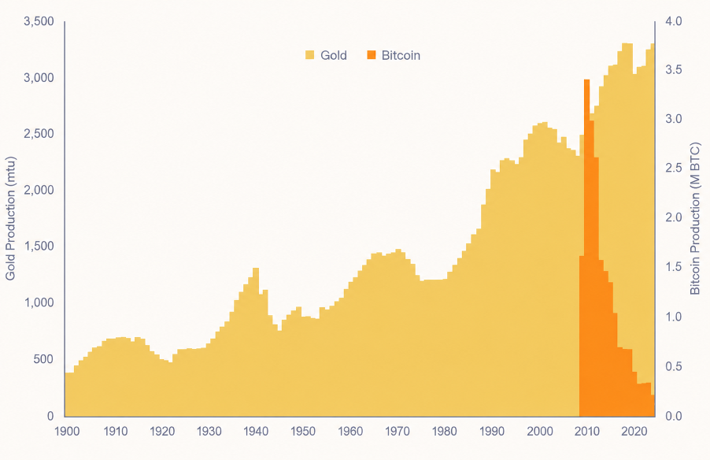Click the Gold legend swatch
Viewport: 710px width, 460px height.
point(309,55)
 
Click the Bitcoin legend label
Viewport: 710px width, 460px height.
point(401,55)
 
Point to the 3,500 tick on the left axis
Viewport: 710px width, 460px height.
point(39,21)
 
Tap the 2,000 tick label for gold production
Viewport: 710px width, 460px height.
point(39,190)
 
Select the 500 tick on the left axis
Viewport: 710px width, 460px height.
point(43,359)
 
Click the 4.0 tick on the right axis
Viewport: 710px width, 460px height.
point(674,21)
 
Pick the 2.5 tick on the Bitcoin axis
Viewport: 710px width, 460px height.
point(674,168)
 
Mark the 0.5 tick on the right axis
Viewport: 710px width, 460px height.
point(674,366)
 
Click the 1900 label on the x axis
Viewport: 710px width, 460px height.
point(67,431)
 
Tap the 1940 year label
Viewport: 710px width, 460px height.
point(256,431)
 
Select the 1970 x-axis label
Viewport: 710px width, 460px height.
point(397,431)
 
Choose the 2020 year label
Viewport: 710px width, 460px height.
point(634,431)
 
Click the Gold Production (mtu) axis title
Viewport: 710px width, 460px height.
point(10,218)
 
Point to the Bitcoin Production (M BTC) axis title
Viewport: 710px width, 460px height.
point(695,218)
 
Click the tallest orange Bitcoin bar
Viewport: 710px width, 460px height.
point(587,248)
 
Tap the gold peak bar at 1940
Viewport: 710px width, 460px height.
point(256,342)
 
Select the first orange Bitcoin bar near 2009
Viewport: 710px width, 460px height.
point(582,336)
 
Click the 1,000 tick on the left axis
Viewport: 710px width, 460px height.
point(39,302)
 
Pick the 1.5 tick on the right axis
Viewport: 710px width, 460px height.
point(674,266)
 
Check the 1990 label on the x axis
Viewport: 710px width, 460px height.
point(492,431)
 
